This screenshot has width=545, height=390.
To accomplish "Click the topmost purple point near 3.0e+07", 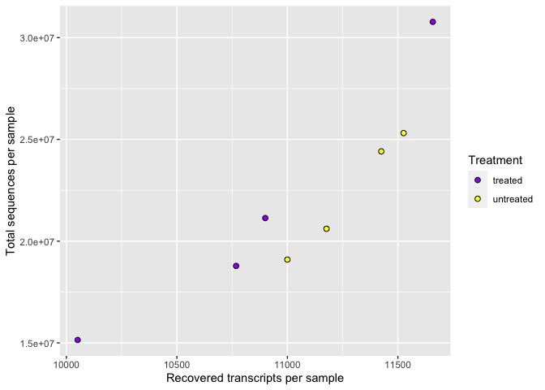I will click(433, 22).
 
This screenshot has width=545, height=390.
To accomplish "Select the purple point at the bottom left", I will click(78, 340).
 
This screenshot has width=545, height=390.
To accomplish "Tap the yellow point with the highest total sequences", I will click(403, 133).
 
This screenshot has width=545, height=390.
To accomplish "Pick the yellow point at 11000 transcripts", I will click(287, 259).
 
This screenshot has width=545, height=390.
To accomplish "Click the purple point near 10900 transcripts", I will click(265, 218).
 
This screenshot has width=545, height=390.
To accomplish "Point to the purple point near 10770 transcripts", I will click(236, 266).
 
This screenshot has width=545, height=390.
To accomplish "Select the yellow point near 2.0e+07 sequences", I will click(326, 229).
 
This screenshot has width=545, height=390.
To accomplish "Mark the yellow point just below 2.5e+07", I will click(381, 151).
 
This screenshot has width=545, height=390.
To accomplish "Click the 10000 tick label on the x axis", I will click(67, 365).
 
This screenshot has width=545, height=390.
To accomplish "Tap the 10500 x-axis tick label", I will click(177, 365).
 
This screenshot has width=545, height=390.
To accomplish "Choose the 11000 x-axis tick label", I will click(287, 365).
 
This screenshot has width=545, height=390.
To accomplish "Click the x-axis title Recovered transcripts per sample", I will click(255, 379).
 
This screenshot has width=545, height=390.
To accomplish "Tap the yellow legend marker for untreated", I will click(478, 199).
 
